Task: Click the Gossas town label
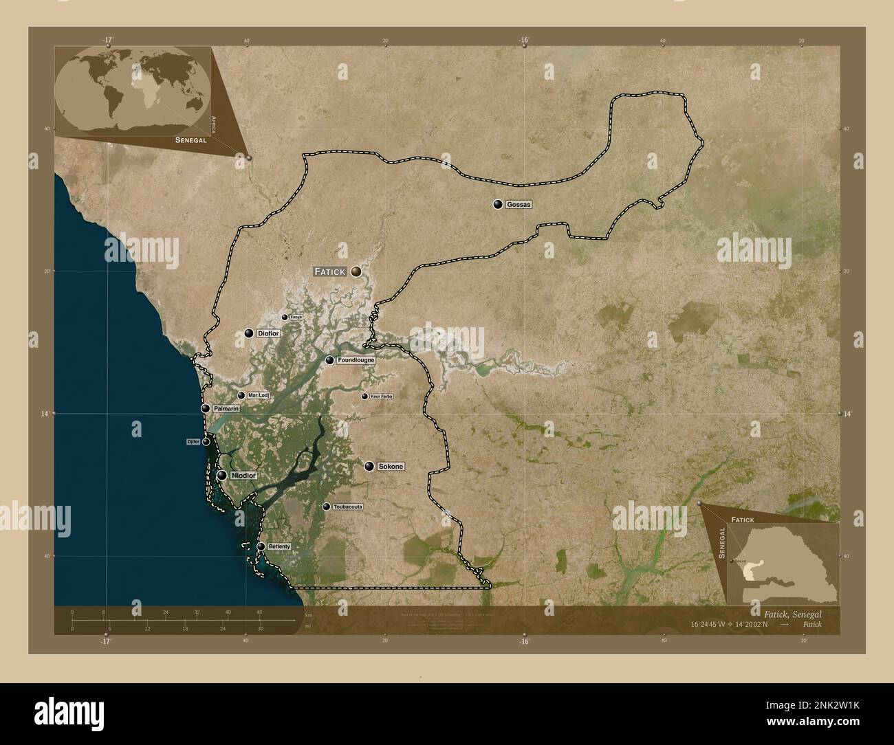click(x=519, y=205)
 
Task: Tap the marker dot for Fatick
click(x=356, y=272)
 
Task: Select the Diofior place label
click(x=269, y=333)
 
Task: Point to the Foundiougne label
click(x=356, y=360)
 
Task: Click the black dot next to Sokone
click(x=369, y=467)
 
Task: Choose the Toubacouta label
click(x=347, y=507)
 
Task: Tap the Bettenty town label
click(x=279, y=547)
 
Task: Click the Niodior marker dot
click(x=222, y=476)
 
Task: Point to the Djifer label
click(x=193, y=442)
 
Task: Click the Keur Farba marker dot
click(x=364, y=397)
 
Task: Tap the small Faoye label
click(x=296, y=318)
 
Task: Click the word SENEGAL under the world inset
click(x=191, y=140)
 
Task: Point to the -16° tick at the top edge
click(x=524, y=41)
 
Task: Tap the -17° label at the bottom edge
click(x=105, y=641)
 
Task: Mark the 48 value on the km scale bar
click(x=259, y=612)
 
